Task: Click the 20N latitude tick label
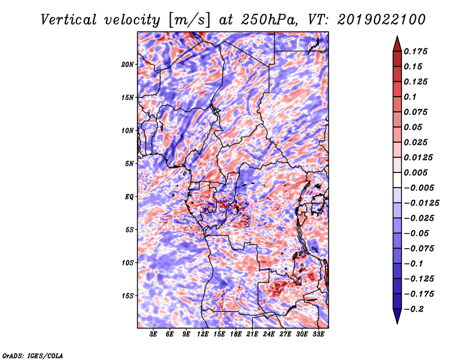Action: tap(128, 65)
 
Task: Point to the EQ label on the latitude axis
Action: tap(130, 197)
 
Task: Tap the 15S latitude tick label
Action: tap(128, 296)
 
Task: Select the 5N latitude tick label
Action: tap(129, 164)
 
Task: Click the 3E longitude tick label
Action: tap(154, 334)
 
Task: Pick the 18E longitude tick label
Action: tap(236, 334)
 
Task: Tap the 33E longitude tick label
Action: tap(318, 334)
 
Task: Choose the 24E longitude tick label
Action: tap(269, 334)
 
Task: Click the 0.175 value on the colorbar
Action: tap(416, 52)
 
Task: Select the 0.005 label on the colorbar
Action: tap(416, 173)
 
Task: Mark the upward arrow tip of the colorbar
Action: tap(396, 37)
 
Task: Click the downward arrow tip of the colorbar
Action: tap(396, 323)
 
